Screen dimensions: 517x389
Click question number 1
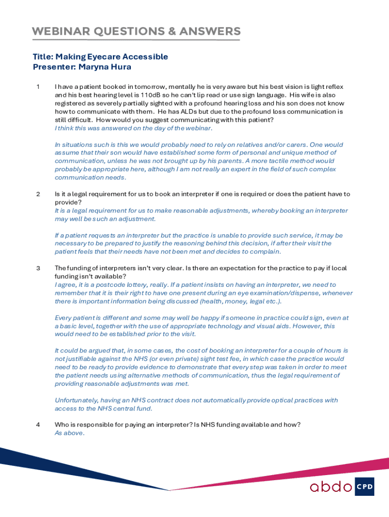point(38,86)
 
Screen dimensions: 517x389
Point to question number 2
point(38,194)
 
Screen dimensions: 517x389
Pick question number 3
point(38,268)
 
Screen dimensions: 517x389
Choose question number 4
point(38,425)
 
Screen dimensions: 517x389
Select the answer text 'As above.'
point(70,433)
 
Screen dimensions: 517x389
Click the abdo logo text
point(331,487)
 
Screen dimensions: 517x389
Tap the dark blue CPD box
point(364,487)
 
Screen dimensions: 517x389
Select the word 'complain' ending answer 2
point(265,251)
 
